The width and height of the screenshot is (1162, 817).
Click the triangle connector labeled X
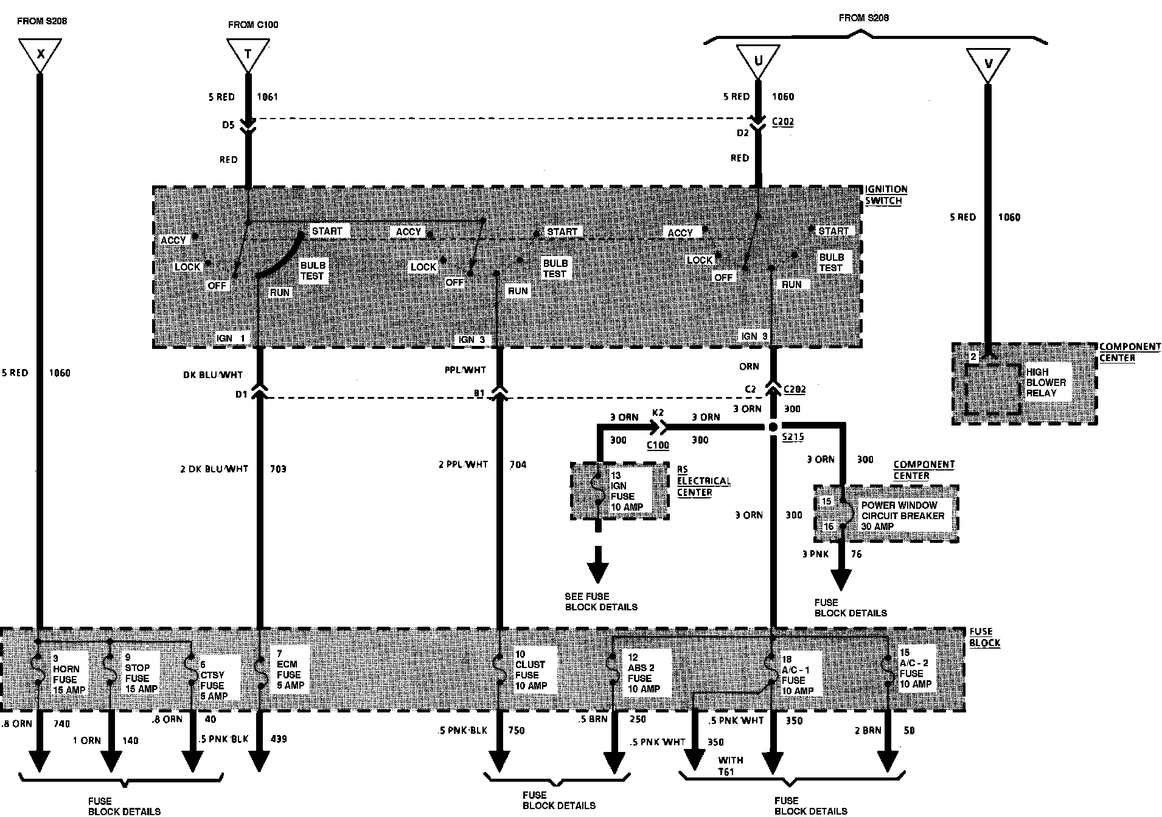tap(40, 53)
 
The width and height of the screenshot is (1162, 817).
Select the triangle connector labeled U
tap(757, 60)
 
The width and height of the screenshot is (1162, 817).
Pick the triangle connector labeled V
tap(987, 63)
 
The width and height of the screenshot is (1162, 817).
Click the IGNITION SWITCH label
tap(885, 195)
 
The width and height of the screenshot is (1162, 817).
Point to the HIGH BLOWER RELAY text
tap(1046, 382)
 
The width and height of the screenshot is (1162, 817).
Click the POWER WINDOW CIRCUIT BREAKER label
tap(902, 515)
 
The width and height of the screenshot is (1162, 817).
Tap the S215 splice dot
tap(772, 427)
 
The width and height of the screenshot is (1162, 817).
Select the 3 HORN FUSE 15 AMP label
tap(65, 674)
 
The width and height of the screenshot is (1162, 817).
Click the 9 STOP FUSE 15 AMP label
tap(141, 673)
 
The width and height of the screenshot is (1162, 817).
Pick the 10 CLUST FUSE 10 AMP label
tap(531, 670)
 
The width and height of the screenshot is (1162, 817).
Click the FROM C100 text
tap(253, 25)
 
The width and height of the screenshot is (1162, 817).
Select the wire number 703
tap(277, 469)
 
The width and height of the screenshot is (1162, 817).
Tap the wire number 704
tap(518, 465)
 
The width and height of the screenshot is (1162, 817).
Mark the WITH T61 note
tap(730, 765)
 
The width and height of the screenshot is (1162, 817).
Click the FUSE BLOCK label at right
tap(984, 637)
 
